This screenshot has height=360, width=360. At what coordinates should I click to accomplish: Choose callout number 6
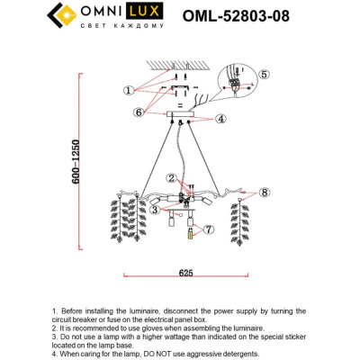(x=138, y=112)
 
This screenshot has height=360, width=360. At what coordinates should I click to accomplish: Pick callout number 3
(x=156, y=210)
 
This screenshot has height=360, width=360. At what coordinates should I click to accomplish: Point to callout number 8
(x=265, y=193)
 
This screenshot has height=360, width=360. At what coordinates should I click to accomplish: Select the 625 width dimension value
(x=186, y=270)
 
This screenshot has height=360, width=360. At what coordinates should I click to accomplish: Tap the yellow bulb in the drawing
(x=190, y=236)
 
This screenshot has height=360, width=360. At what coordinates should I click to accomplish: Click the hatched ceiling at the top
(x=184, y=61)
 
